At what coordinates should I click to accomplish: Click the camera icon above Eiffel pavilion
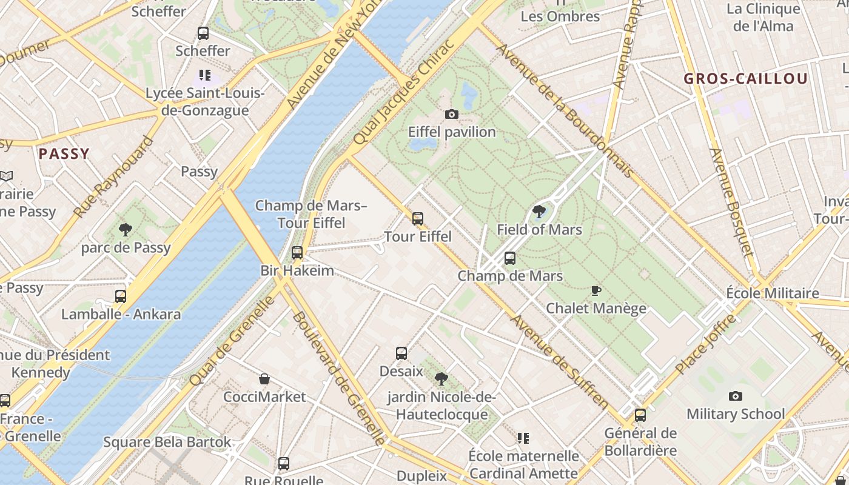[451, 114]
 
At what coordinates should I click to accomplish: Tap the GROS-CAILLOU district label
[745, 79]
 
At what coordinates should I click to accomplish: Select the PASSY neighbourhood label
[64, 154]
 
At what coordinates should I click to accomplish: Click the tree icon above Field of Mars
[538, 212]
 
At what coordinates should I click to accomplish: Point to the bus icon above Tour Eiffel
[418, 219]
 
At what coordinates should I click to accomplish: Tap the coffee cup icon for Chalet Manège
[596, 290]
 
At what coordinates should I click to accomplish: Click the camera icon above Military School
[735, 396]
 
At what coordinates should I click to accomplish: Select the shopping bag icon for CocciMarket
[264, 379]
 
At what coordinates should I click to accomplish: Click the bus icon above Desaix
[401, 353]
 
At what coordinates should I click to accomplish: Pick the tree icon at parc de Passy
[126, 230]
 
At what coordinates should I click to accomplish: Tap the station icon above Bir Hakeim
[297, 253]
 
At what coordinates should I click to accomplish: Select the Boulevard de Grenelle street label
[338, 379]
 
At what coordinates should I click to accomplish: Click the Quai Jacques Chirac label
[403, 92]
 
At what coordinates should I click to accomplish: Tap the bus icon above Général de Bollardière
[640, 415]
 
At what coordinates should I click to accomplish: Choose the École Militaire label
[772, 293]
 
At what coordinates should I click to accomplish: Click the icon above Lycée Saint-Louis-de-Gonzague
[204, 76]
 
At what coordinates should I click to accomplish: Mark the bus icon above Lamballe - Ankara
[121, 296]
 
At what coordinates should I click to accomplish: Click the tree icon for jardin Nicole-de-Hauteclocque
[441, 379]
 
